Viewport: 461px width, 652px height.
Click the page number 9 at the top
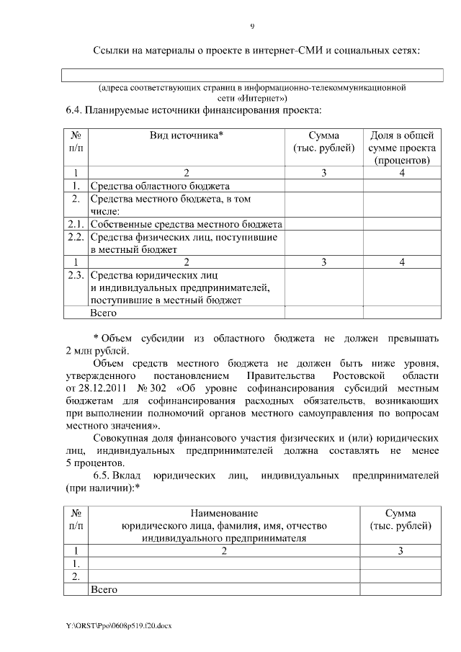tap(252, 27)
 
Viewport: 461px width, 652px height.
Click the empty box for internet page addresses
tap(252, 74)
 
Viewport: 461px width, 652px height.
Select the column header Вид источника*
tap(187, 135)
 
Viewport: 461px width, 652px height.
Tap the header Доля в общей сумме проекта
tap(402, 148)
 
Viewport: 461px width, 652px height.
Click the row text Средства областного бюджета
tap(159, 185)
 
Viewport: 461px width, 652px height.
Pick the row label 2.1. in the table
tap(75, 224)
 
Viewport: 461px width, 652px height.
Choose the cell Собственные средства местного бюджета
tap(186, 224)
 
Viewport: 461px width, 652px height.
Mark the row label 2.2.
tap(75, 237)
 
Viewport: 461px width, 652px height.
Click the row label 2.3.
tap(75, 275)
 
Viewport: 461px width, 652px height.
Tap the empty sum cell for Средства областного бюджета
tap(323, 185)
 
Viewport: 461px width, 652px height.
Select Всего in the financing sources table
tap(103, 313)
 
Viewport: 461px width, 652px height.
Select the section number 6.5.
tap(104, 476)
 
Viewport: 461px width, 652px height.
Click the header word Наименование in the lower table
tap(224, 513)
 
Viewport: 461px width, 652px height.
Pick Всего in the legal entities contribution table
tap(103, 589)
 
